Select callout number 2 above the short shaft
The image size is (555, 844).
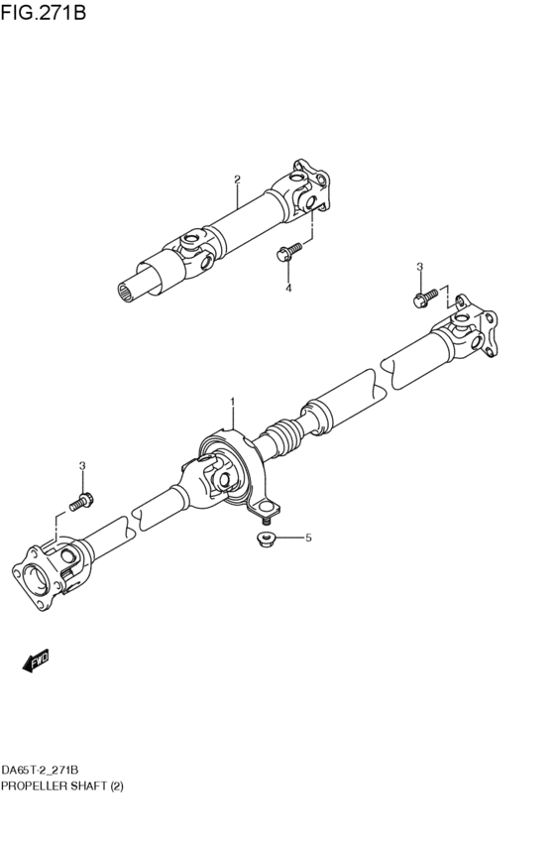[237, 180]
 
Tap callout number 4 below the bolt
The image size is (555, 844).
[288, 288]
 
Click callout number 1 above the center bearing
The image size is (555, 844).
[233, 402]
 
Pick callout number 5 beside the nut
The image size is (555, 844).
[308, 538]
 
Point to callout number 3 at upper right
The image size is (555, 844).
[419, 267]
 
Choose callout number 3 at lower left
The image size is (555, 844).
[82, 465]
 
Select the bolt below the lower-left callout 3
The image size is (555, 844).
[82, 498]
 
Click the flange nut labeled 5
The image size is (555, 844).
[265, 539]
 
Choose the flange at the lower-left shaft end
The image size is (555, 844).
[37, 576]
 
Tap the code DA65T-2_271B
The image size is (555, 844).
[41, 770]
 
